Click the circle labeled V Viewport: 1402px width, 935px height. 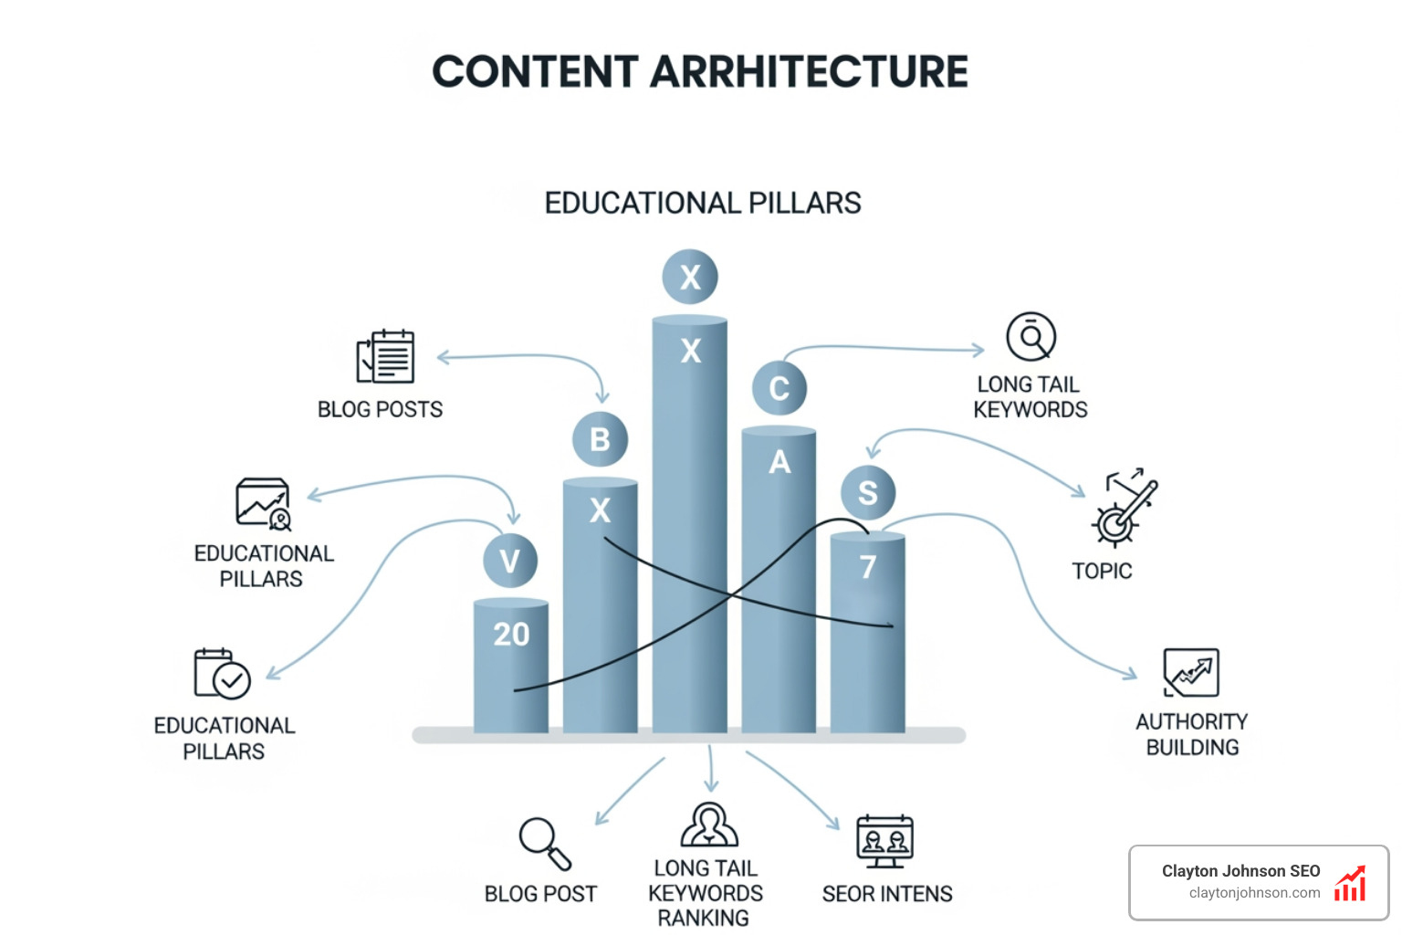point(509,561)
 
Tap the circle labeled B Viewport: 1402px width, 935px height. point(600,439)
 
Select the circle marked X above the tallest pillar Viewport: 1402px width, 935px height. point(690,277)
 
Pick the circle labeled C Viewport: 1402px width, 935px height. point(779,388)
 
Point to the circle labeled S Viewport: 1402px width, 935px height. point(867,492)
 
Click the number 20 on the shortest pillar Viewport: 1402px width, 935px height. point(511,634)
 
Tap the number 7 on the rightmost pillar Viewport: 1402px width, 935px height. point(868,567)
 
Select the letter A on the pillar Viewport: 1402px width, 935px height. point(779,462)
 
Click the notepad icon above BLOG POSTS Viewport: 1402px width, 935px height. point(385,357)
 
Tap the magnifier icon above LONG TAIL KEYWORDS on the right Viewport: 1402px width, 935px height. point(1031,337)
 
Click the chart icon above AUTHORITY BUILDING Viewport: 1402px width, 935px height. point(1191,673)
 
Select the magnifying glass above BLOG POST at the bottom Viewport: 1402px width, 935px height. point(544,843)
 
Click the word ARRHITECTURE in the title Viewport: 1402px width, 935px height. point(809,72)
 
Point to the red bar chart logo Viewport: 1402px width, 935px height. point(1350,884)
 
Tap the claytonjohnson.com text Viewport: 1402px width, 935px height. point(1254,893)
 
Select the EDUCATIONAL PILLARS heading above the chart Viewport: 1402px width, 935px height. point(702,203)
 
